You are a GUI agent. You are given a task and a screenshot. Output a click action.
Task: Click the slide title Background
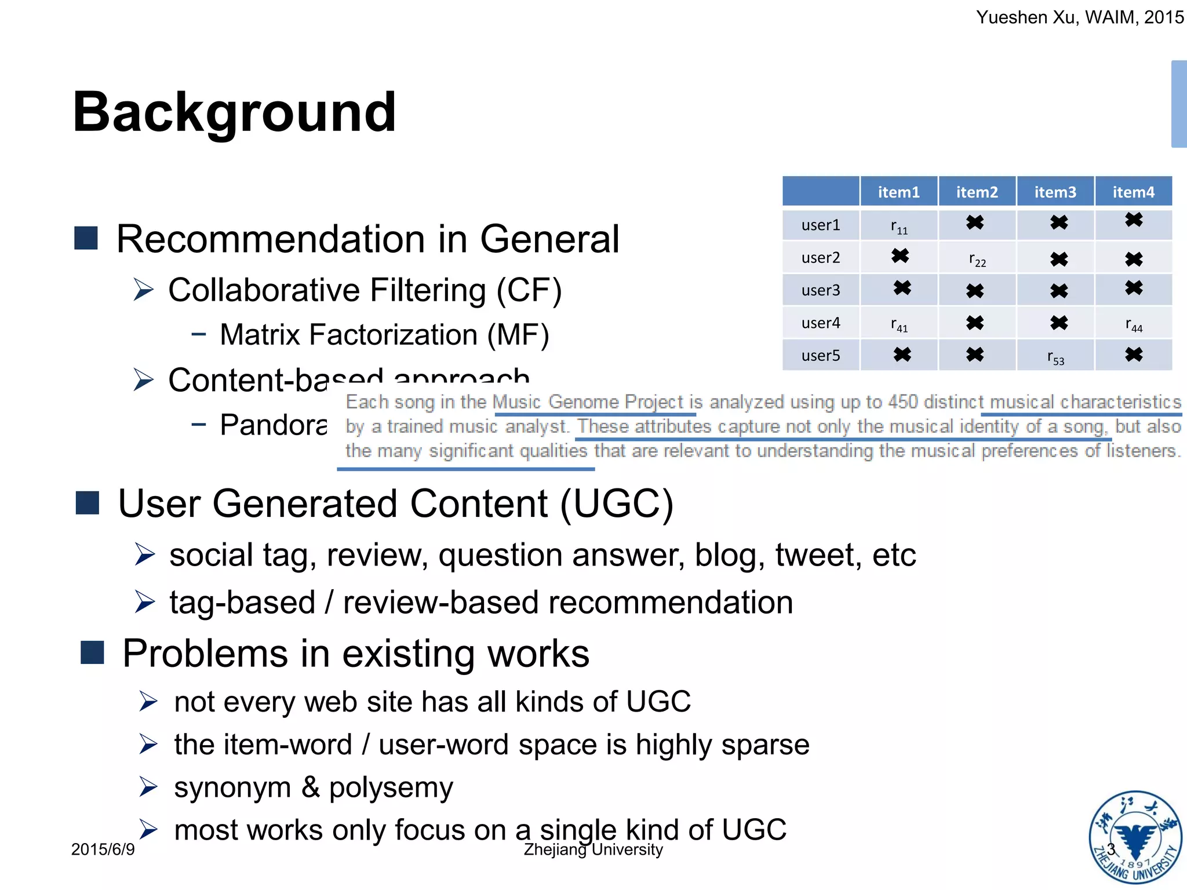tap(234, 112)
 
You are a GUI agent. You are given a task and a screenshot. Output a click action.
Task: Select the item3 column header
tap(1055, 192)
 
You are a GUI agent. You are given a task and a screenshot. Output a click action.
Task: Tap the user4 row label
tap(820, 323)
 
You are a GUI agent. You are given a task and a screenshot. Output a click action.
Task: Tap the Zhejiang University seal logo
tap(1135, 837)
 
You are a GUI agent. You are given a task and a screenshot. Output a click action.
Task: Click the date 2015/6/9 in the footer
tap(103, 849)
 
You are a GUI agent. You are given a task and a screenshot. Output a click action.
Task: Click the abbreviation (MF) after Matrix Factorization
tap(518, 335)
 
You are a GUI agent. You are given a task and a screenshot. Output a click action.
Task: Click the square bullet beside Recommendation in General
tap(86, 238)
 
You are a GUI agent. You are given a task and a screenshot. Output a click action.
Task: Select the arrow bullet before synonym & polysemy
tap(148, 787)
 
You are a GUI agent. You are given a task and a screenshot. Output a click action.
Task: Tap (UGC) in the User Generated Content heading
tap(616, 503)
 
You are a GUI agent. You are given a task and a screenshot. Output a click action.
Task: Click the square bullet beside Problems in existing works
tap(92, 652)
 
